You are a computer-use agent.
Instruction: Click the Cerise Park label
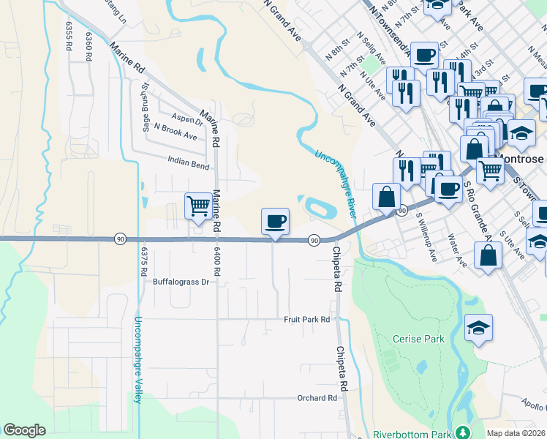tap(418, 339)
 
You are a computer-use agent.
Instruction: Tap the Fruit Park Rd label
tap(307, 320)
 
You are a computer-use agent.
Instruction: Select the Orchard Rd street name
tap(317, 398)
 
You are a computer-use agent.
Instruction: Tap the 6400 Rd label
tap(217, 255)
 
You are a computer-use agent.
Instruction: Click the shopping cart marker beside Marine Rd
tap(198, 206)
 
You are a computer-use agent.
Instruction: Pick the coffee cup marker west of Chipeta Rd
tap(275, 221)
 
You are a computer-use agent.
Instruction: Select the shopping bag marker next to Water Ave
tap(488, 256)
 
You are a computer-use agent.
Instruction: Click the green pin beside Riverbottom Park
tap(461, 432)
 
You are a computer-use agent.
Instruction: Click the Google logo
tap(24, 430)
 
